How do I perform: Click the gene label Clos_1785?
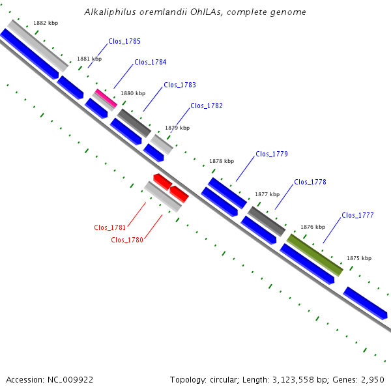tap(124, 41)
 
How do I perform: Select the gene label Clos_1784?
tap(151, 63)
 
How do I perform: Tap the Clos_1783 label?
tap(180, 85)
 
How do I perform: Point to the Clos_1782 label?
tap(207, 106)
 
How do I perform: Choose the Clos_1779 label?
tap(272, 154)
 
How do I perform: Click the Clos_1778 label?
tap(310, 182)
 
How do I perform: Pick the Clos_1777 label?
tap(358, 215)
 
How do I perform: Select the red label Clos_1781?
tap(110, 227)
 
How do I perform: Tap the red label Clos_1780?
tap(127, 240)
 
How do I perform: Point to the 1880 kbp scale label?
tap(133, 93)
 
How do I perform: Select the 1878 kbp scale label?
tap(221, 161)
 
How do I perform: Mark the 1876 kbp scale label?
tap(312, 227)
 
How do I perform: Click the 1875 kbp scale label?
tap(359, 258)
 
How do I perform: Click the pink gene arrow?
tap(106, 98)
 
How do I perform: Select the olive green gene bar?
tap(315, 255)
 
